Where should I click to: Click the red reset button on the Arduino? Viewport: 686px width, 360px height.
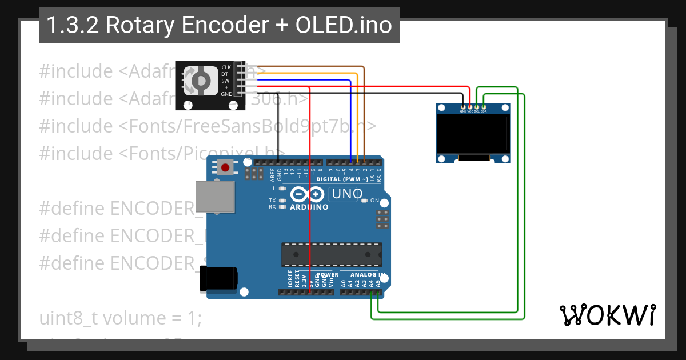[226, 167]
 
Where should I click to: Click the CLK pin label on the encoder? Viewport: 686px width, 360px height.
[226, 67]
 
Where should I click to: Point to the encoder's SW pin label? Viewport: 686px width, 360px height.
[226, 81]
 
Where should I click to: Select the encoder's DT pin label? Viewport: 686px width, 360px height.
[225, 74]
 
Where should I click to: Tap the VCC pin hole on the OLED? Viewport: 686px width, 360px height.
[470, 106]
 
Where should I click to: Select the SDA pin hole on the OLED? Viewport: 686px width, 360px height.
[484, 106]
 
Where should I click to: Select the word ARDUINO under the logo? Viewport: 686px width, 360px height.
[309, 207]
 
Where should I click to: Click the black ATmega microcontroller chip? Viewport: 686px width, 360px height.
[332, 254]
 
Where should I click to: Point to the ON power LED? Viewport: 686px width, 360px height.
[366, 201]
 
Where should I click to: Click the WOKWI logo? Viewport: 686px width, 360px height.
[607, 315]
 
